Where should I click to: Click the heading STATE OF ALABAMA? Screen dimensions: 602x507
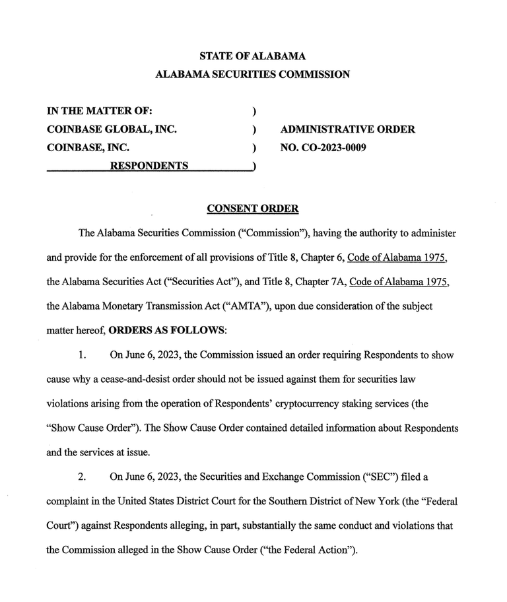point(252,55)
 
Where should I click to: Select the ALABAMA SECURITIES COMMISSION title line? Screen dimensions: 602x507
point(252,75)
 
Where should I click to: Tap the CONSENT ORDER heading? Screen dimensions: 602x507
point(253,209)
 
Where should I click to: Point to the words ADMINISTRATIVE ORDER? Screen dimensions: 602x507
point(348,129)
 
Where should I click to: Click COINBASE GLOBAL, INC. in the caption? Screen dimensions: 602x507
point(112,129)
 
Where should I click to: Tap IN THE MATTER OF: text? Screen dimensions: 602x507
point(100,111)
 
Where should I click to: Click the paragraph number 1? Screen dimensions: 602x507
point(83,354)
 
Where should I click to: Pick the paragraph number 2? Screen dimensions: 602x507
point(83,476)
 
